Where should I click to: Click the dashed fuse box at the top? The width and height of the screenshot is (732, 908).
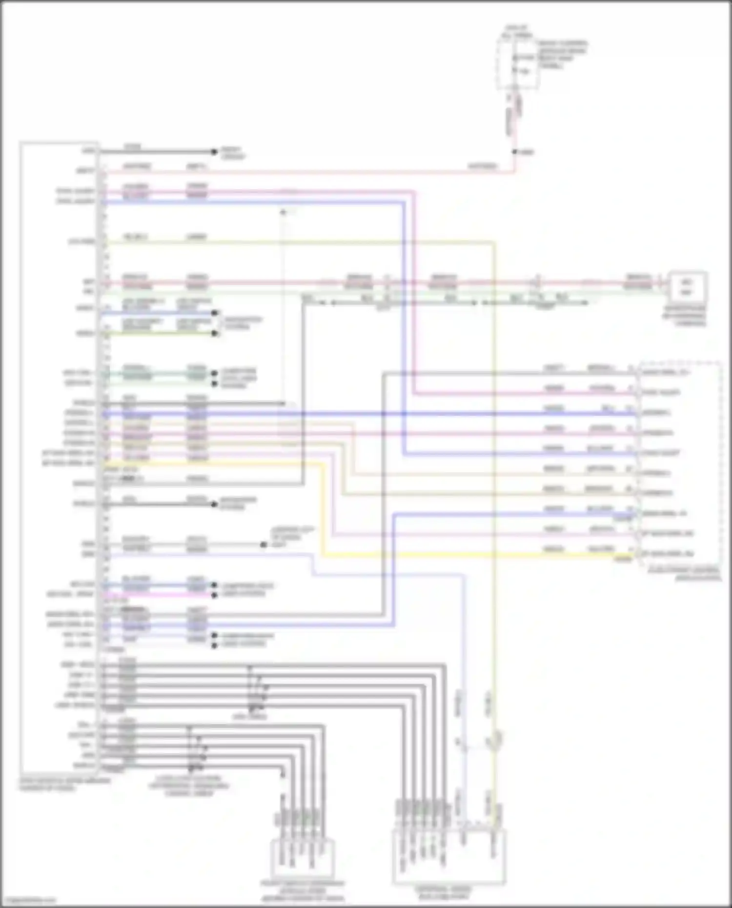[518, 64]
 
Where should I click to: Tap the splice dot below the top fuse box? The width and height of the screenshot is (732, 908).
[514, 152]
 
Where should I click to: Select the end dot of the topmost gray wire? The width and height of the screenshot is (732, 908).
[214, 152]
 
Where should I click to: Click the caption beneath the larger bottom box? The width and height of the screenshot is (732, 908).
[444, 893]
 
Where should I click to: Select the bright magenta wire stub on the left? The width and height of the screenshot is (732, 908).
[156, 595]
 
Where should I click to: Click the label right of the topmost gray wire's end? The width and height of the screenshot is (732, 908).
[232, 153]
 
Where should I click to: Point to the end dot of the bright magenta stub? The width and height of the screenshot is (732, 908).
[214, 595]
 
